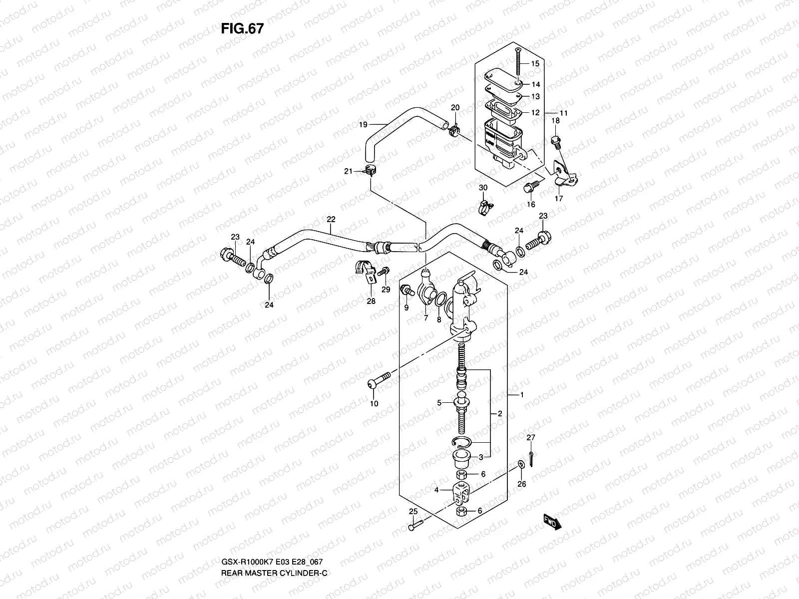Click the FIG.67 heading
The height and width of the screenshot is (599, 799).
[242, 29]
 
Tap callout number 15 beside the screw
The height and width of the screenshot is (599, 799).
[535, 64]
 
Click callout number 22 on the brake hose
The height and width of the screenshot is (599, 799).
[331, 220]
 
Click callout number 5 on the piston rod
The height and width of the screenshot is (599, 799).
[439, 402]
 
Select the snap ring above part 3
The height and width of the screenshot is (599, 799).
[459, 440]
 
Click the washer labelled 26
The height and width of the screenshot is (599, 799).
[520, 465]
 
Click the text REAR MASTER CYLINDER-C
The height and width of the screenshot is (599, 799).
[274, 587]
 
